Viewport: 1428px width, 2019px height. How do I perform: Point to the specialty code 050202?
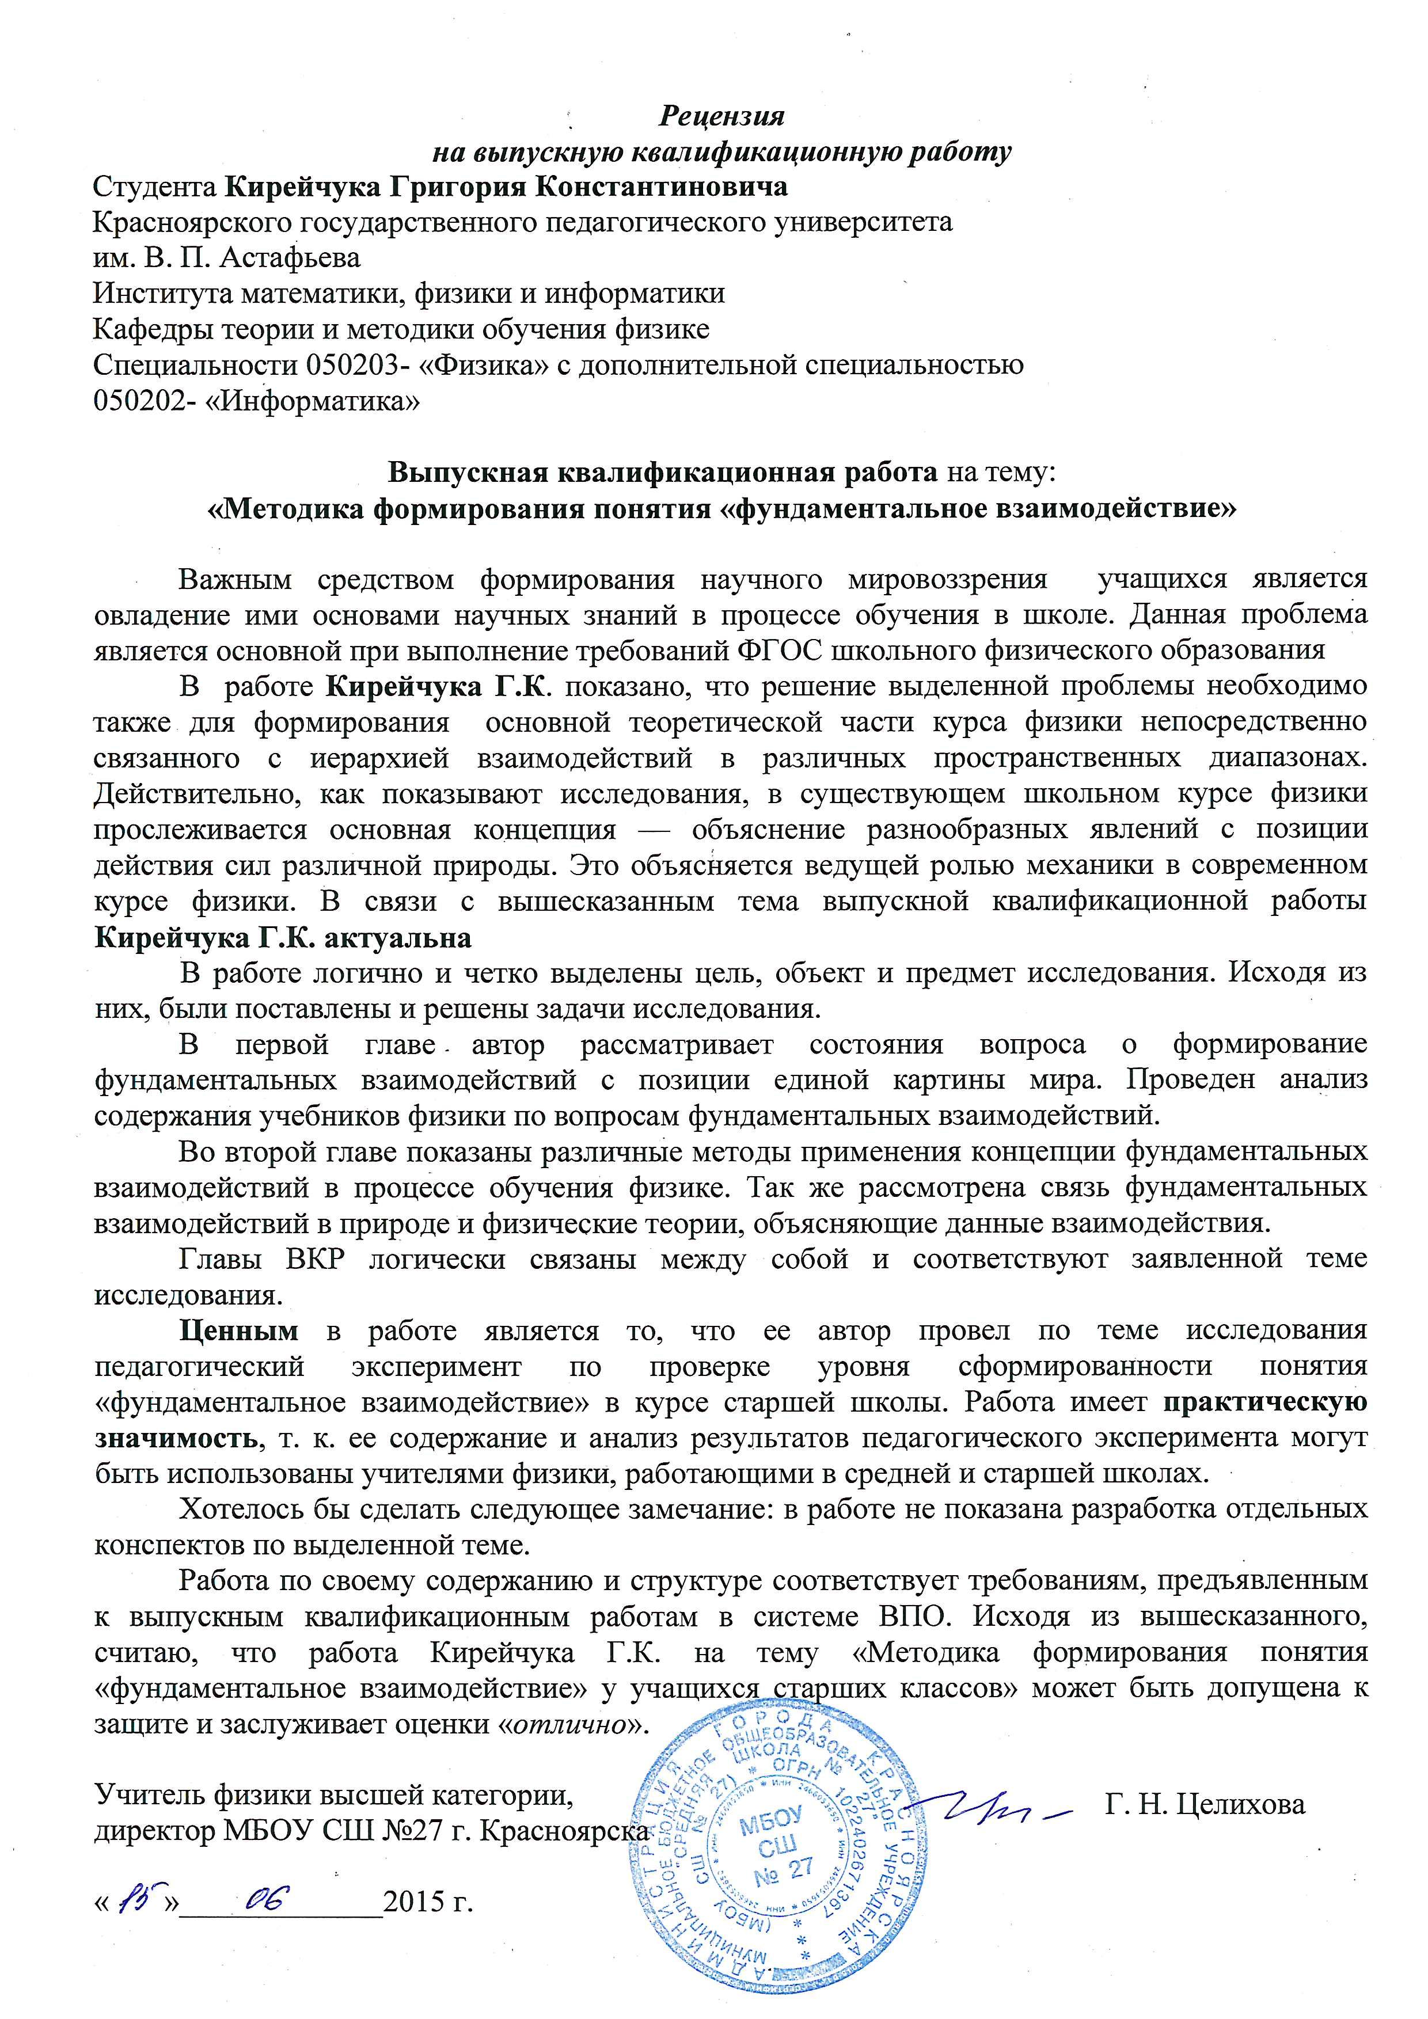pyautogui.click(x=140, y=401)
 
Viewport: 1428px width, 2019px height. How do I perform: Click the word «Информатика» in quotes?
pyautogui.click(x=312, y=401)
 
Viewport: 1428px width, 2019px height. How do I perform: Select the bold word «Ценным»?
pyautogui.click(x=238, y=1330)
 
